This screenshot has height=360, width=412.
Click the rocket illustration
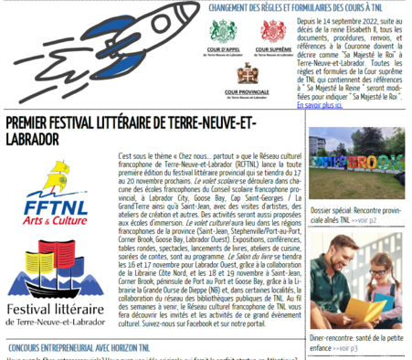point(91,46)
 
